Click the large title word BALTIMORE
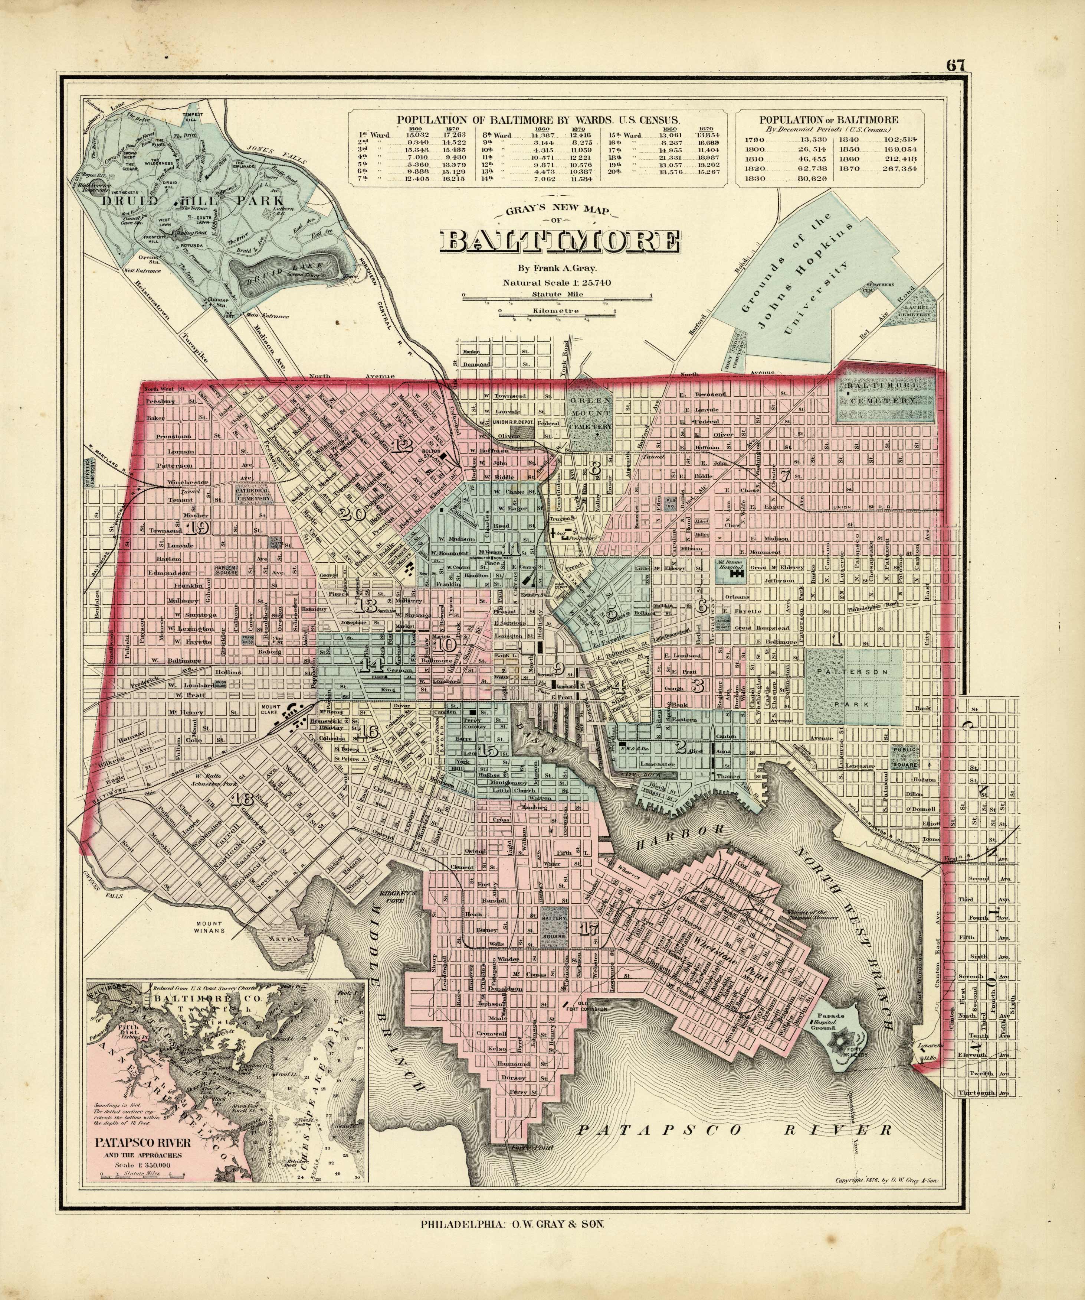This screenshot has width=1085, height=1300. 560,242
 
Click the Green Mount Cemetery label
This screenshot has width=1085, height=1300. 590,413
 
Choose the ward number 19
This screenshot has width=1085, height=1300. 200,527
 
